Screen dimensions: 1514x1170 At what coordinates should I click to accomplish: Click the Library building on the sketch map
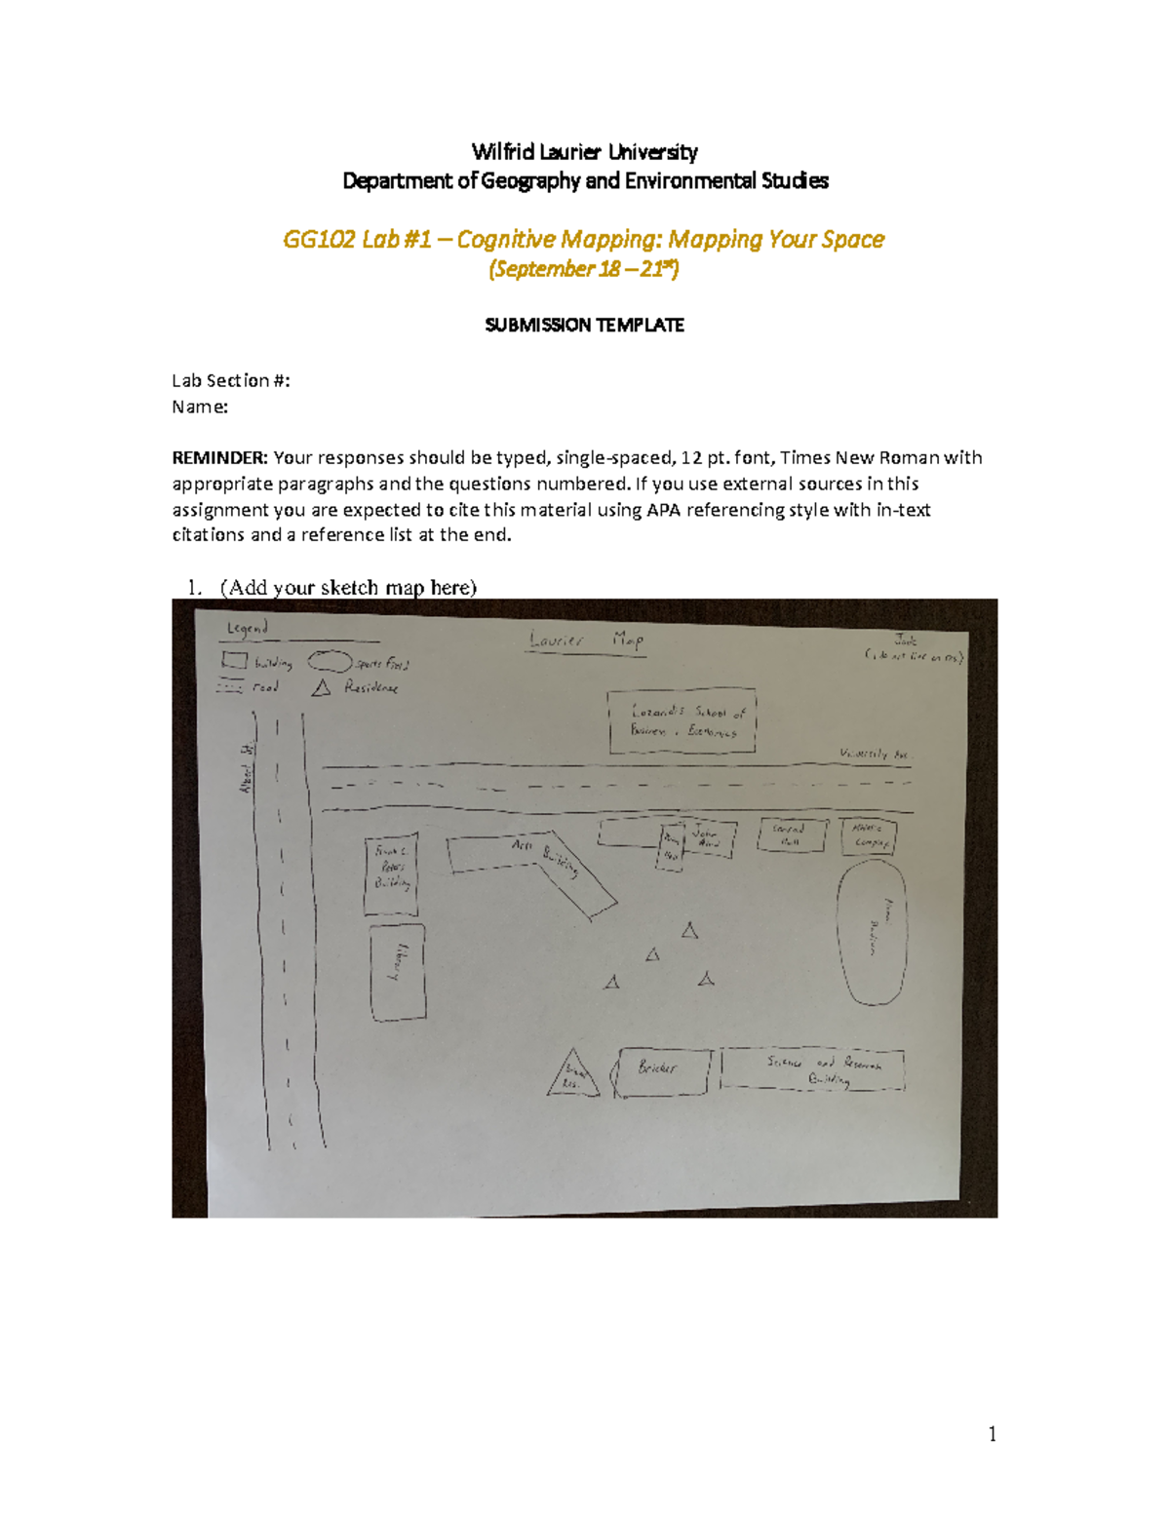398,972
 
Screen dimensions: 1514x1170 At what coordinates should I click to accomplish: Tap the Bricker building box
662,1070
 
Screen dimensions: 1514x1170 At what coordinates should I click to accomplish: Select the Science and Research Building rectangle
812,1069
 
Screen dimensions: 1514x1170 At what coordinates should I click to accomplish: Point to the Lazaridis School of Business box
682,722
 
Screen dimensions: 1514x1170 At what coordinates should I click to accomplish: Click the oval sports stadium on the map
873,930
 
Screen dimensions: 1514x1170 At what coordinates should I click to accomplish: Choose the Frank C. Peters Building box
391,873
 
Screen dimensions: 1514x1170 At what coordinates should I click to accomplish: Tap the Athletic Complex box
868,835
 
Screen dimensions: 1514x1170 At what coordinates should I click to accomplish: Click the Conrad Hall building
791,835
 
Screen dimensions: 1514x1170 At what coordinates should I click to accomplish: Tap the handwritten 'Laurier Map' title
586,641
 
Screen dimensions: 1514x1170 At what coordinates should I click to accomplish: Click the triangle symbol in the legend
321,688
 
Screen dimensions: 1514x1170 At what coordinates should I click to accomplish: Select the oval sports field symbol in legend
330,663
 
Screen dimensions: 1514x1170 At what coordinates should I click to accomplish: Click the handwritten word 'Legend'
247,629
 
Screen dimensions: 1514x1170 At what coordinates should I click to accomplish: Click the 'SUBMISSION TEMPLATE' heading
584,326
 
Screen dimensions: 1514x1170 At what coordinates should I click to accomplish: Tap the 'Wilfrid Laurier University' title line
584,152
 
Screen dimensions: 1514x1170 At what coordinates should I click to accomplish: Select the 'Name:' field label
200,407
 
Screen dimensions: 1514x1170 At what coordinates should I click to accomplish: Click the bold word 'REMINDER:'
219,458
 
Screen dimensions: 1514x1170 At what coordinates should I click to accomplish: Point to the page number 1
992,1434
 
